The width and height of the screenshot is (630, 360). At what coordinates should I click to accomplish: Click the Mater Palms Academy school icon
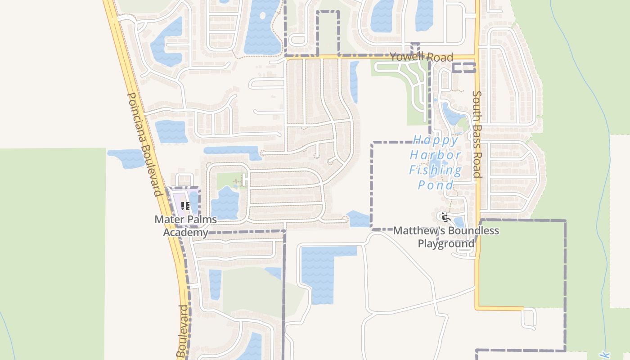click(185, 207)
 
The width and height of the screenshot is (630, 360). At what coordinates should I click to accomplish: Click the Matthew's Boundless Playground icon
click(445, 217)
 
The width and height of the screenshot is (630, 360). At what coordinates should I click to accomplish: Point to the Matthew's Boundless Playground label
click(446, 237)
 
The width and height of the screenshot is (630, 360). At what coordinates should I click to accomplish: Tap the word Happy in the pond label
click(435, 140)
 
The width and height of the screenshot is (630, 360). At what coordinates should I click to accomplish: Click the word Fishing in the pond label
click(435, 171)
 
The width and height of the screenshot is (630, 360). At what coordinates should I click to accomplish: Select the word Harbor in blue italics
click(435, 156)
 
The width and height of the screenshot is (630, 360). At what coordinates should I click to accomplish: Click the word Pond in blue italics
click(435, 185)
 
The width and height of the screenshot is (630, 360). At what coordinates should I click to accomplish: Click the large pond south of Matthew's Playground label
click(317, 272)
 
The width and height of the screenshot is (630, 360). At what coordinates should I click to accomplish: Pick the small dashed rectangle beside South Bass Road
click(463, 68)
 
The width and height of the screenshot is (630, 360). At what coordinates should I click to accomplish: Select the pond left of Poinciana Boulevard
click(126, 158)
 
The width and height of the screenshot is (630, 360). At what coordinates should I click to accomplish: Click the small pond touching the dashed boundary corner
click(359, 219)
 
